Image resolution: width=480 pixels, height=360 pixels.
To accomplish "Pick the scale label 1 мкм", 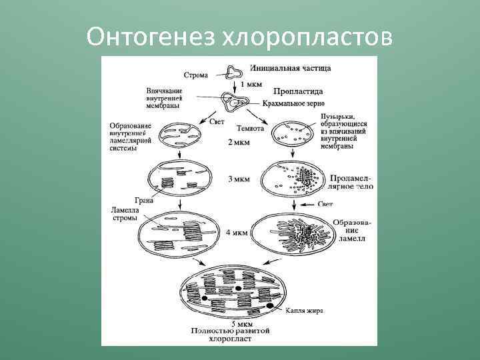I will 251,84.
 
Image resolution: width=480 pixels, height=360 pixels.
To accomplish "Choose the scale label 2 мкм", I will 239,142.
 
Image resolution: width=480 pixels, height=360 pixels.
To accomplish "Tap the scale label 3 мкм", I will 239,179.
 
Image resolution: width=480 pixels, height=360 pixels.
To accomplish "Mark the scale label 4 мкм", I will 237,233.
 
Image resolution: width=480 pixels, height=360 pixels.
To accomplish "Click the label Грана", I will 143,199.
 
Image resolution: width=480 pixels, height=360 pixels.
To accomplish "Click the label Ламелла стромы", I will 125,213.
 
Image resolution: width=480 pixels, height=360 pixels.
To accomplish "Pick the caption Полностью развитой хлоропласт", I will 239,334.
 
